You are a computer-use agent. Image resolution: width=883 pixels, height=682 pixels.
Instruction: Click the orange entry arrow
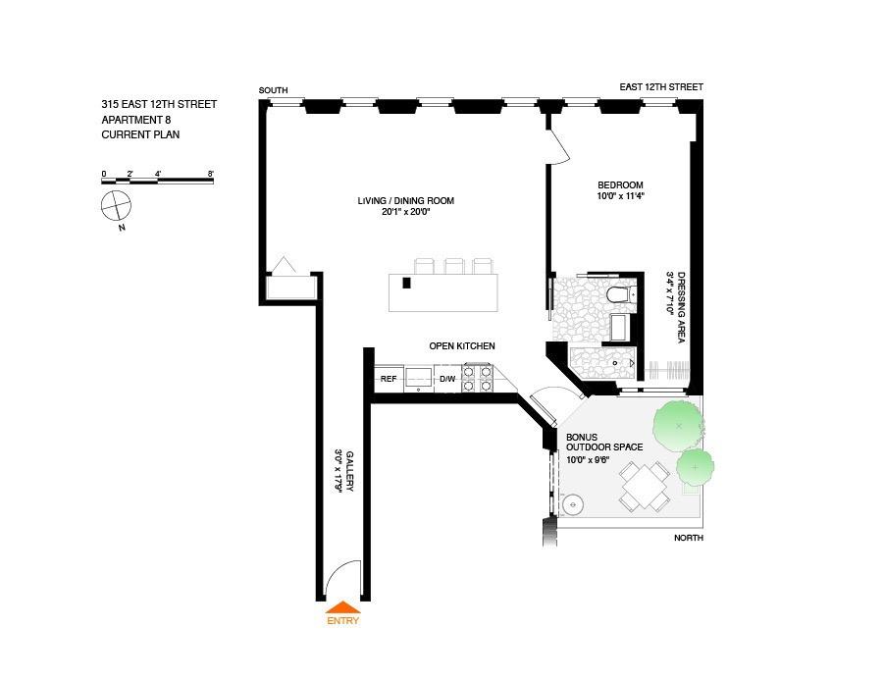point(342,607)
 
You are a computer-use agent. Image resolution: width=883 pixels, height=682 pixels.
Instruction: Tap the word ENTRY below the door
point(342,620)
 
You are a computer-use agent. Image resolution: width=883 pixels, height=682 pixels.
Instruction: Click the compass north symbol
point(116,207)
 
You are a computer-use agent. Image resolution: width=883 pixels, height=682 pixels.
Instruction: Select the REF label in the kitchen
point(389,379)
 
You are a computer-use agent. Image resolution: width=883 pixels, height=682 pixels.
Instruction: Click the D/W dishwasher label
point(447,379)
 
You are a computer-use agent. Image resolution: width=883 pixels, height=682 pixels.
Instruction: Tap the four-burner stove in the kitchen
point(477,379)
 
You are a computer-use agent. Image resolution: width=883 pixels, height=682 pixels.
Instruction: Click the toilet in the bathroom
point(619,294)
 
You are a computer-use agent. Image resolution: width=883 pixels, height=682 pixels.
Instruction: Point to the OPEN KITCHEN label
point(461,346)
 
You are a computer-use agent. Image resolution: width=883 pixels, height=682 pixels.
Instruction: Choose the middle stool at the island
point(454,265)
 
